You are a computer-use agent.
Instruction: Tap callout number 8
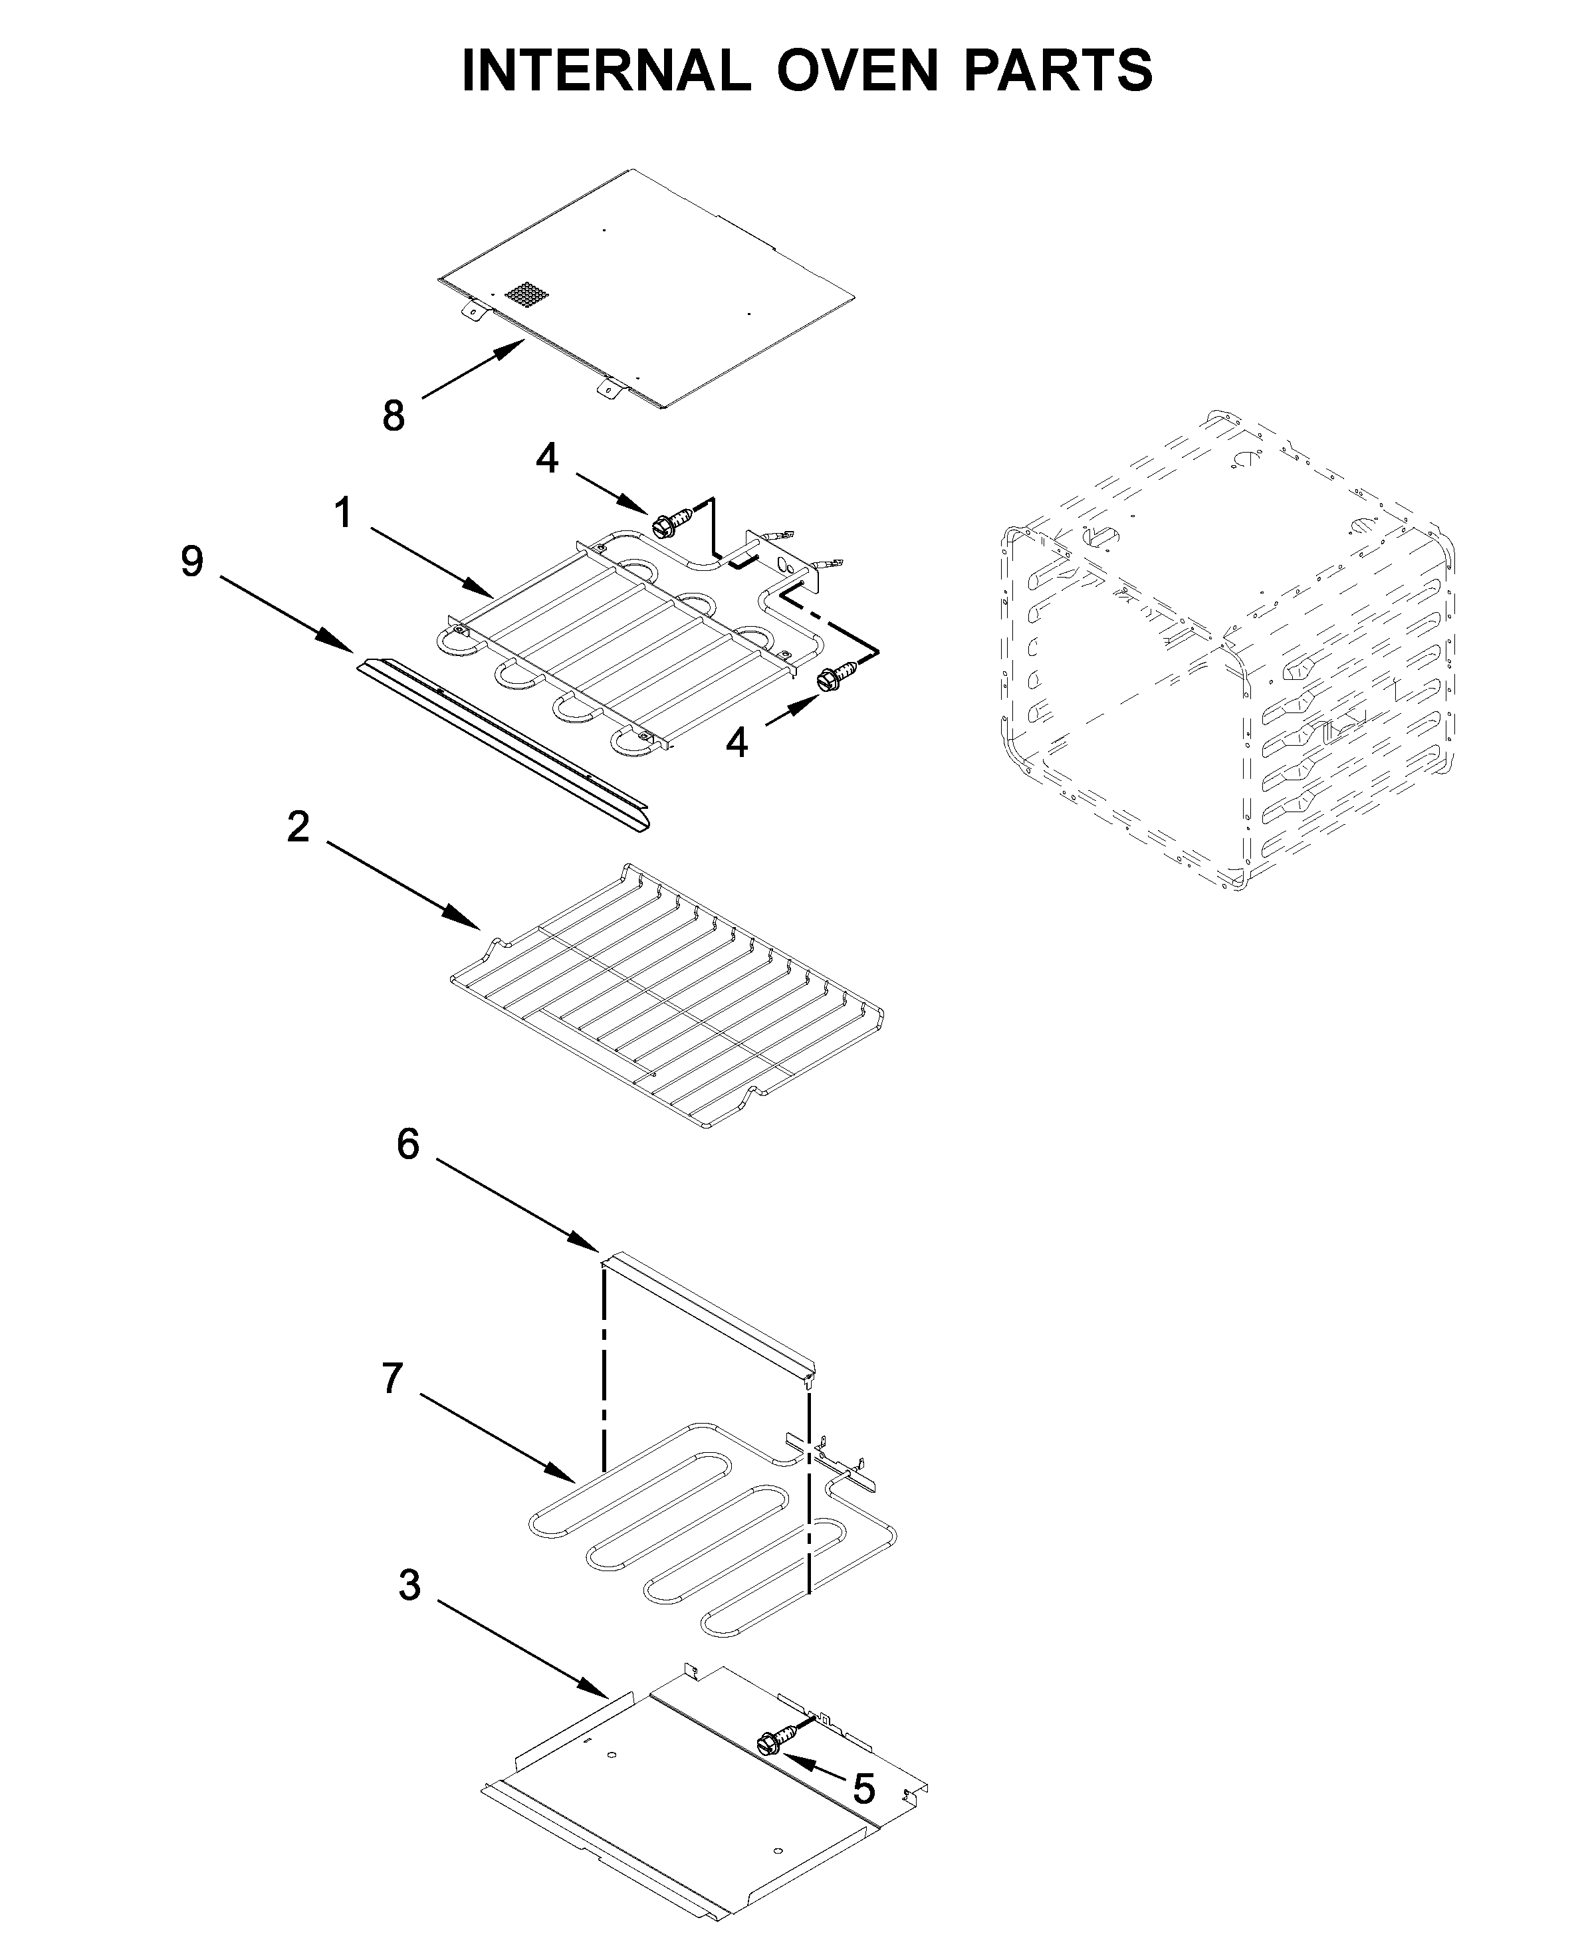click(x=394, y=417)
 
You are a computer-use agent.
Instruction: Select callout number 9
click(x=191, y=562)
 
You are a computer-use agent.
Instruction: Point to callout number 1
click(x=344, y=514)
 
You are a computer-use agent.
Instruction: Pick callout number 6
click(x=407, y=1144)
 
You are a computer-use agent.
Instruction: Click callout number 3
click(x=409, y=1587)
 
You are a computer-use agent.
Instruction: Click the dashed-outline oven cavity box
click(x=1227, y=650)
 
